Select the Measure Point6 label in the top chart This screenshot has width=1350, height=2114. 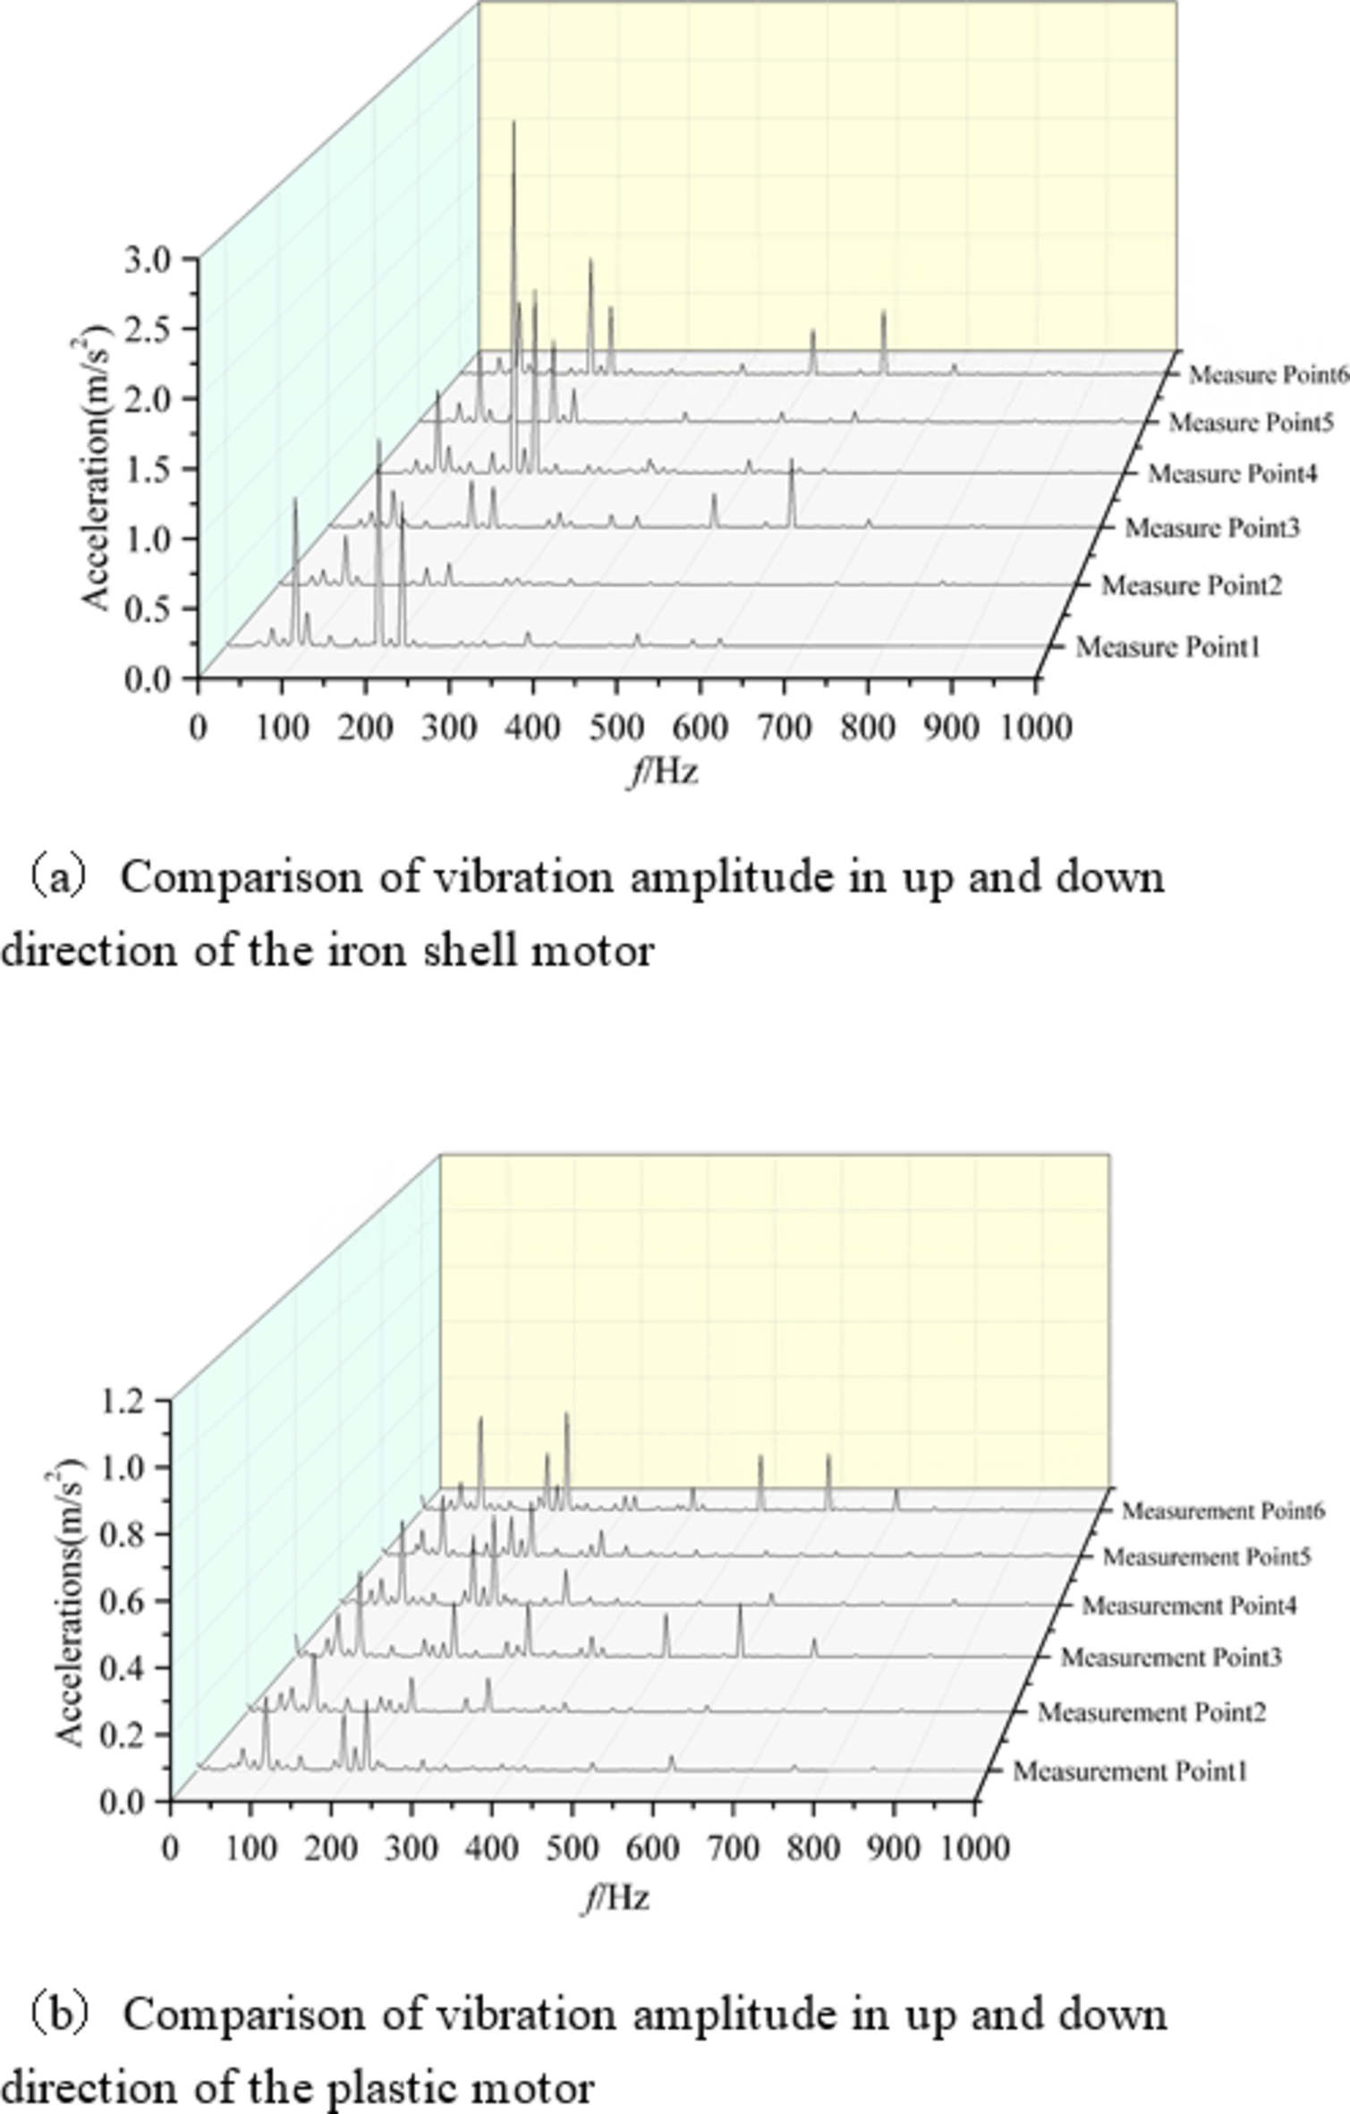[1268, 375]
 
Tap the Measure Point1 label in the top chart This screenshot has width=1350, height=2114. [1167, 646]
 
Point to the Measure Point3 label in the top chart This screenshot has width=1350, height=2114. [1211, 528]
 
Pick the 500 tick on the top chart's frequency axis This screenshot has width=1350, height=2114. [616, 728]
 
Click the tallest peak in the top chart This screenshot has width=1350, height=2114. [514, 125]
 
